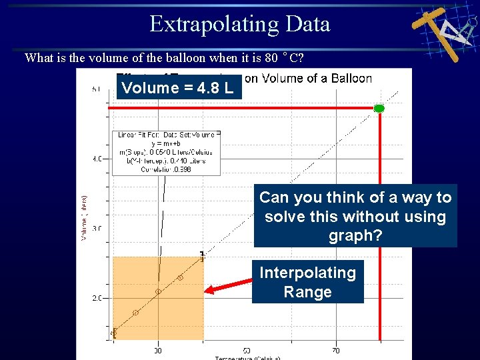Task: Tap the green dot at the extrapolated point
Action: click(x=379, y=108)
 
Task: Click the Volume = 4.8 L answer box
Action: click(x=178, y=87)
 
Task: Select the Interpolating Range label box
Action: click(x=307, y=282)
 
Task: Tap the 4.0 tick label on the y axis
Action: click(x=97, y=159)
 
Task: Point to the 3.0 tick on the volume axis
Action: click(x=97, y=229)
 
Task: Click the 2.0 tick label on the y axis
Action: click(x=97, y=298)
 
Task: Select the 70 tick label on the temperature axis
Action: click(x=335, y=349)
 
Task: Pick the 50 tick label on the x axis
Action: click(x=247, y=349)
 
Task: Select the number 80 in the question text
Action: click(x=269, y=57)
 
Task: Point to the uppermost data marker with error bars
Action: click(x=202, y=255)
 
